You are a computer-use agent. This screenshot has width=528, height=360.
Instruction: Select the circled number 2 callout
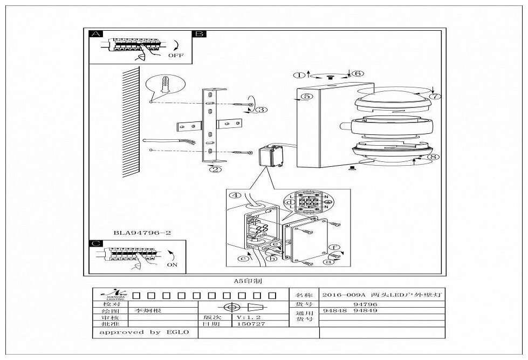tap(215, 169)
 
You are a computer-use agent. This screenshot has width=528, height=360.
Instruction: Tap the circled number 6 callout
tap(359, 73)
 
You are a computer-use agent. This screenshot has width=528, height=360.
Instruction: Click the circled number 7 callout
tap(435, 97)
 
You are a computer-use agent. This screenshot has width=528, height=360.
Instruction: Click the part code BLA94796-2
tap(142, 233)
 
